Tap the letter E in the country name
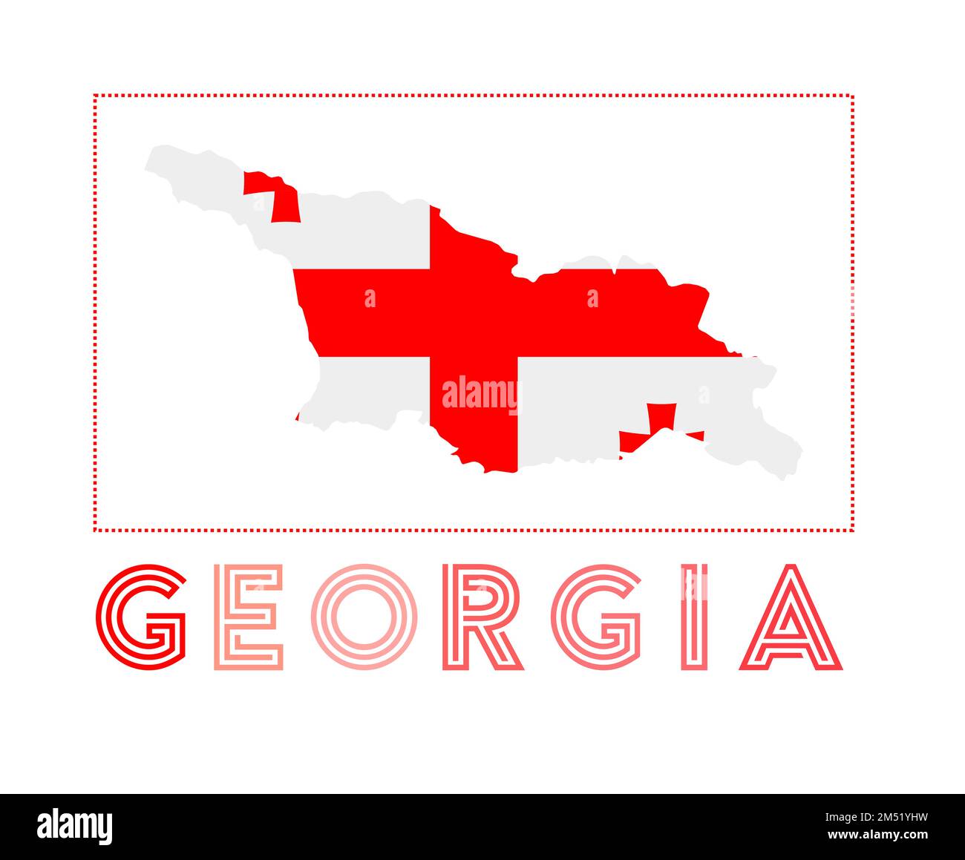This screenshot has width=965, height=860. pyautogui.click(x=249, y=616)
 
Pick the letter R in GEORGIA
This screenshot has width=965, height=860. pyautogui.click(x=482, y=616)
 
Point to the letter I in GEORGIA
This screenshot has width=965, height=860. pyautogui.click(x=695, y=616)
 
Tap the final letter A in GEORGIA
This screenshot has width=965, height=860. pyautogui.click(x=791, y=617)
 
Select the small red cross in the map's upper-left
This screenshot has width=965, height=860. pyautogui.click(x=275, y=195)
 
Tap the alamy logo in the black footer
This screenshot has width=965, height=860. pyautogui.click(x=75, y=826)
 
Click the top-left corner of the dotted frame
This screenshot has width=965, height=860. pyautogui.click(x=95, y=96)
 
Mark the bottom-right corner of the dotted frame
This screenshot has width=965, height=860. pyautogui.click(x=852, y=530)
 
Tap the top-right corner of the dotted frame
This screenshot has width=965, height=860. pyautogui.click(x=852, y=96)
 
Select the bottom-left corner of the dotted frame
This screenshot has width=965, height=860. pyautogui.click(x=95, y=530)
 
